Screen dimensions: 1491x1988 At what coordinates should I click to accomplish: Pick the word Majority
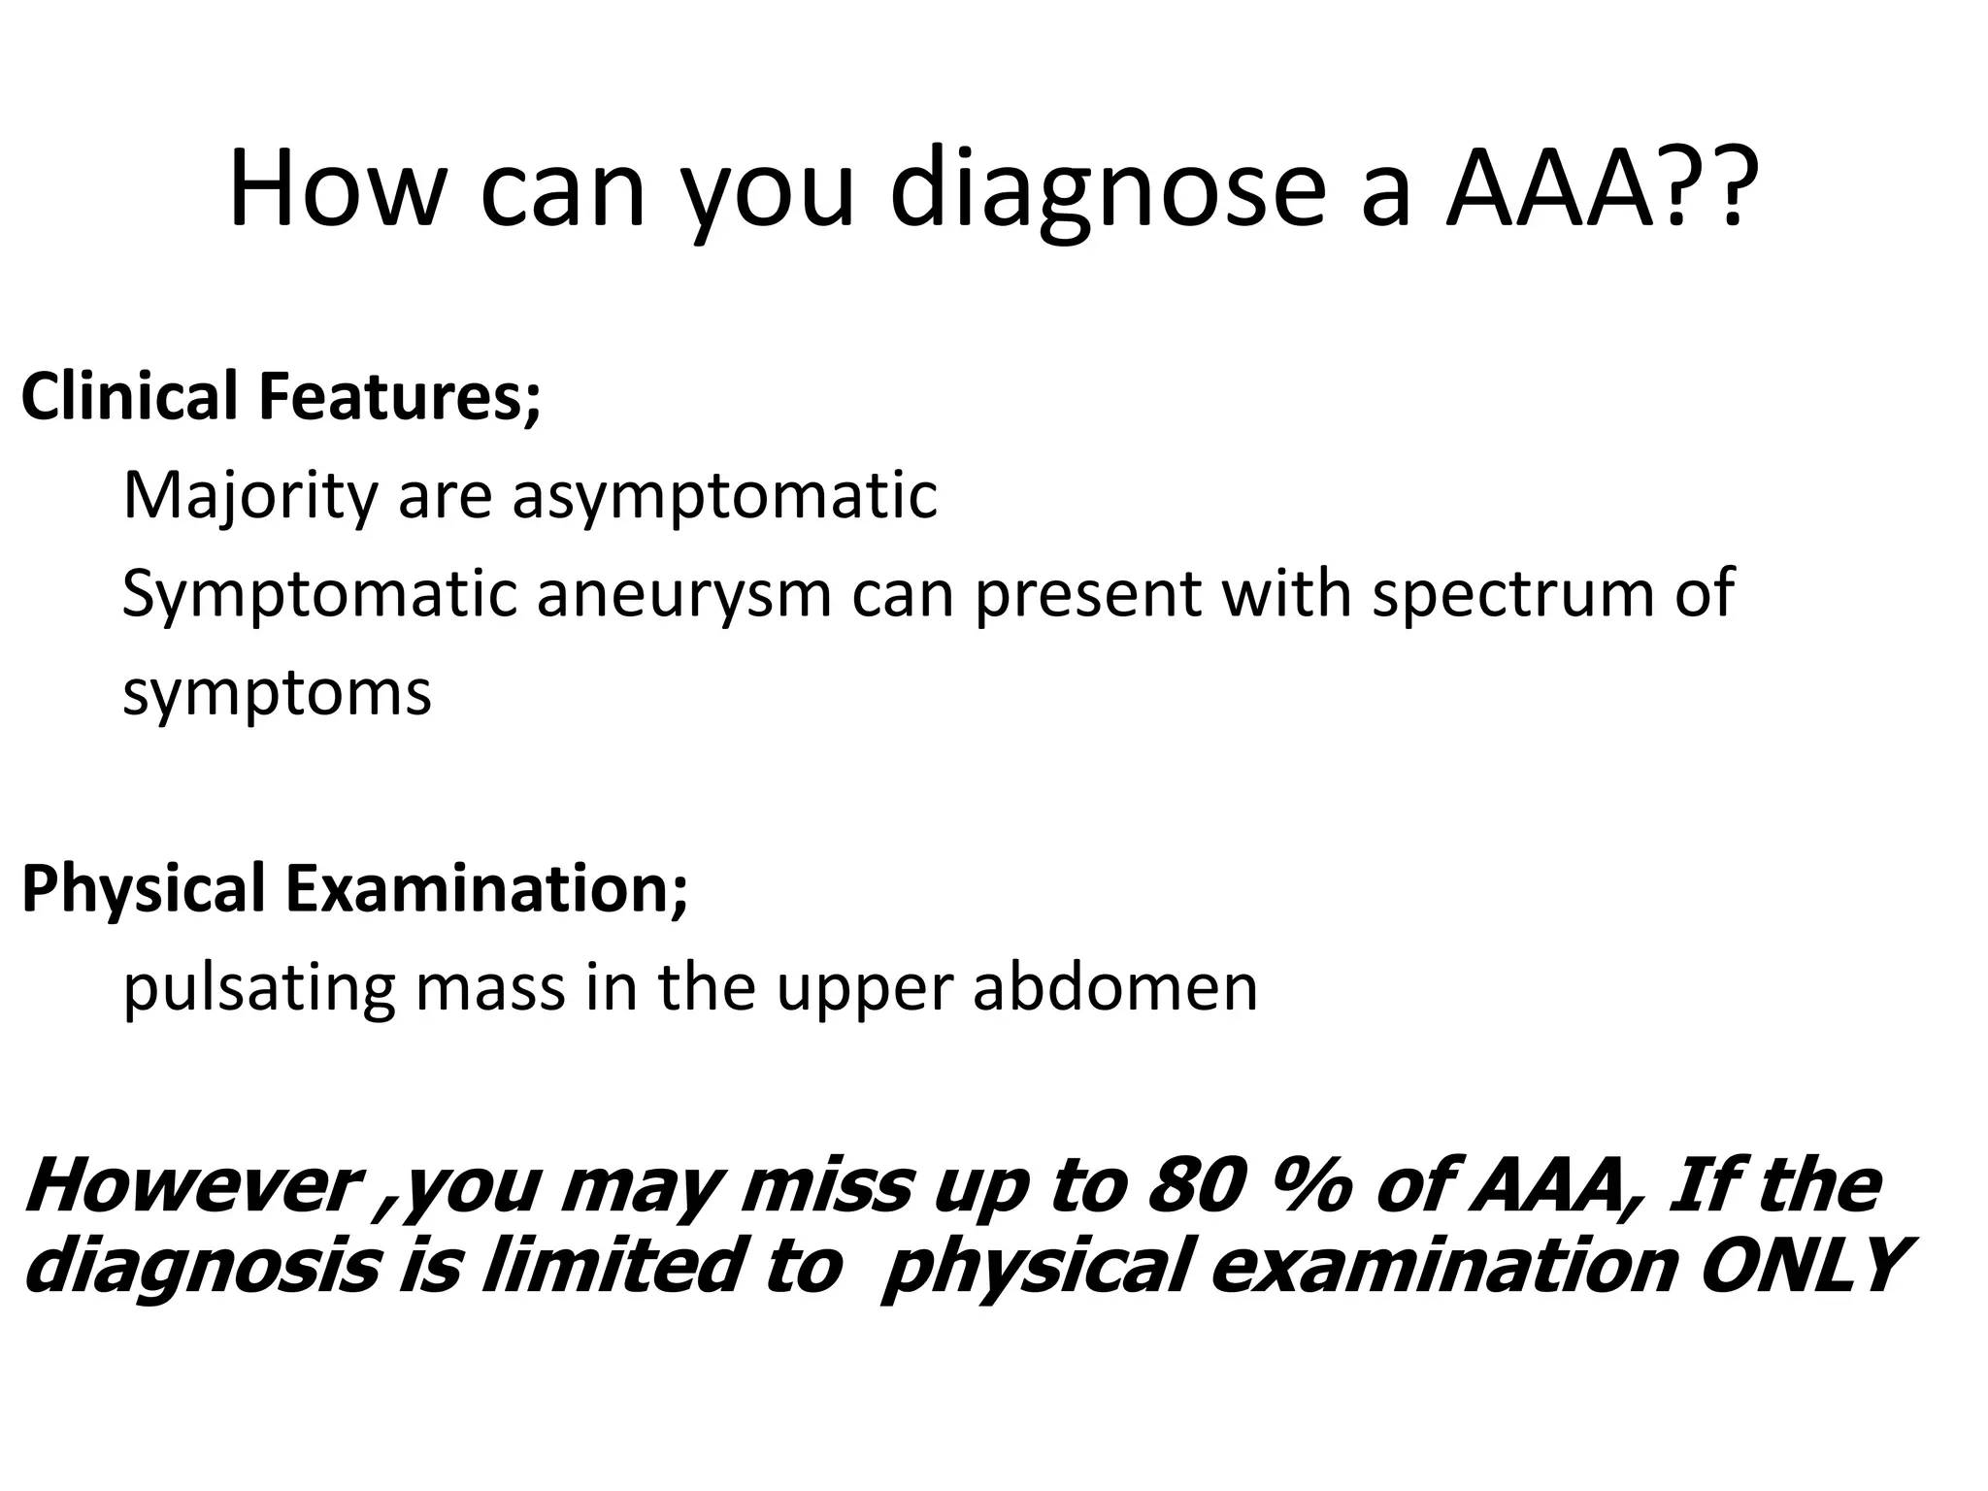[x=248, y=497]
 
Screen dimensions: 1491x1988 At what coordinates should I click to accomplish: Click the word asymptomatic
[x=724, y=497]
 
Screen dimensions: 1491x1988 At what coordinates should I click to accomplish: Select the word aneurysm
[x=684, y=594]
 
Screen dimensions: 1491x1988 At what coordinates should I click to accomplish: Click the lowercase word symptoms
[x=277, y=693]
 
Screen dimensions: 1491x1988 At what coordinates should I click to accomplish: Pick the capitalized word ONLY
[x=1801, y=1266]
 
